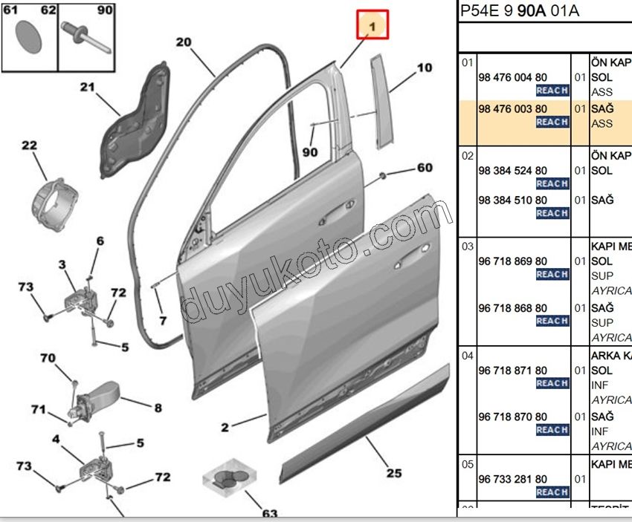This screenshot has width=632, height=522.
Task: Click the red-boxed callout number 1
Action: pos(373,26)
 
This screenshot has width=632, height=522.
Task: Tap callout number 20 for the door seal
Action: pos(184,42)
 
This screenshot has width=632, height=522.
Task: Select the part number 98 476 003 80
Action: pos(512,108)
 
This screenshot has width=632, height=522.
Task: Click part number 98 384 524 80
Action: pos(512,170)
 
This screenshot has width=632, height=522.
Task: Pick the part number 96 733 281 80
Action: pos(512,479)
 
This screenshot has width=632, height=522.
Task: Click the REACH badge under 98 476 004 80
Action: pos(552,91)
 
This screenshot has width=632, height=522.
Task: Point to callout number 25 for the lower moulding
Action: pos(393,473)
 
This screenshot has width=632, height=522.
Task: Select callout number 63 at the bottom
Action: pos(269,513)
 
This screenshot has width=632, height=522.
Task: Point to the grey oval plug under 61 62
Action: pos(29,36)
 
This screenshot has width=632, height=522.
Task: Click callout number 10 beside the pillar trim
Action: pos(424,68)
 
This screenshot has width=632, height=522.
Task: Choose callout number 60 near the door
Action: pos(424,168)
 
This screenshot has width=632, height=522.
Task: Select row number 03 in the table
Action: pos(467,246)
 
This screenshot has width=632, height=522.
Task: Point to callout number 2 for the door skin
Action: pos(224,427)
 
